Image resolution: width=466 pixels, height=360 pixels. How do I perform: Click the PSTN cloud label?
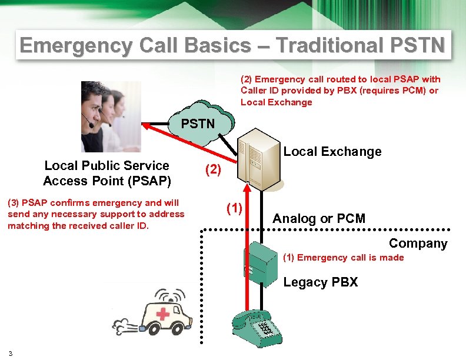[x=198, y=124]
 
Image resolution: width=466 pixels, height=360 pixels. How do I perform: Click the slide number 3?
[x=11, y=353]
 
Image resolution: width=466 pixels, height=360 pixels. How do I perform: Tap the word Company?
[x=418, y=244]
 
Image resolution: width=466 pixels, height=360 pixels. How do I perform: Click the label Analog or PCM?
[x=319, y=219]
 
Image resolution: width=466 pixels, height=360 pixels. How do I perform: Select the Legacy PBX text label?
[x=320, y=282]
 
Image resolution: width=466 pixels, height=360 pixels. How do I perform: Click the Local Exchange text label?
[x=332, y=152]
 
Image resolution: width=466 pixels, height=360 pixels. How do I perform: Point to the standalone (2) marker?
[x=212, y=170]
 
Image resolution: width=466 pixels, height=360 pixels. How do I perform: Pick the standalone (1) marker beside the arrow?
[x=235, y=208]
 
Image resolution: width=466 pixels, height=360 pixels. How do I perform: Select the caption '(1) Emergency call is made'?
[x=344, y=258]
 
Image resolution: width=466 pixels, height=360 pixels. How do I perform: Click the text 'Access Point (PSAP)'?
[x=106, y=180]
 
